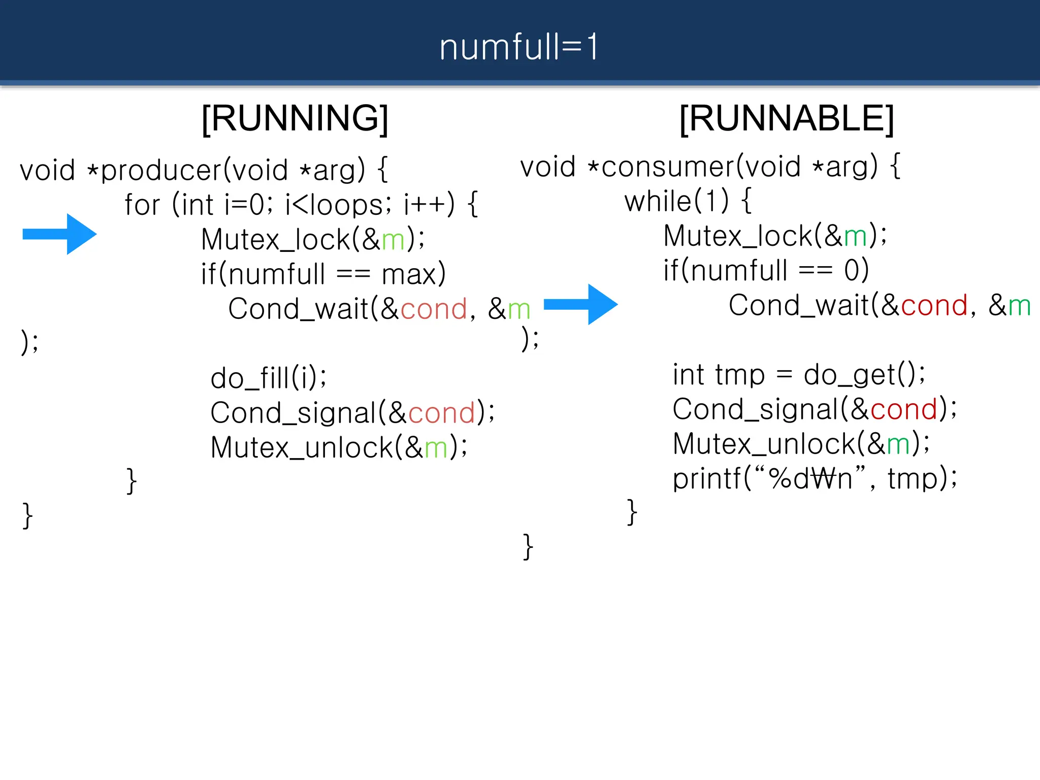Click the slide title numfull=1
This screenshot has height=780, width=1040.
[519, 47]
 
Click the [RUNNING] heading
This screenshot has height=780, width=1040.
[295, 118]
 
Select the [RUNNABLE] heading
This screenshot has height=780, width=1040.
[787, 118]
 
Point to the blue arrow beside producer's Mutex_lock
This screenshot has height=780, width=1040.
[60, 234]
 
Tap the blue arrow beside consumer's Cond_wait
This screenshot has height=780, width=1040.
[580, 304]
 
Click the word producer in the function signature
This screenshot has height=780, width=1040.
[161, 170]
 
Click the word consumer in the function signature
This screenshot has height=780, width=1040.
[667, 167]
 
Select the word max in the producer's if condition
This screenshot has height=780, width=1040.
[409, 275]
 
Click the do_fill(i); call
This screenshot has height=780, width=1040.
[269, 378]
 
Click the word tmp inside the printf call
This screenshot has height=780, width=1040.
[912, 479]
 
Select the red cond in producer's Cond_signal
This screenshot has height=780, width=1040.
[441, 413]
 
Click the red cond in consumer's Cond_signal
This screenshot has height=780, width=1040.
[903, 409]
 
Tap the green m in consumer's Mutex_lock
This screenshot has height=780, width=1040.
[855, 237]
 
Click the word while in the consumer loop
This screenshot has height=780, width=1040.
[658, 202]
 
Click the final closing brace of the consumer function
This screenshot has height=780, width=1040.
[528, 547]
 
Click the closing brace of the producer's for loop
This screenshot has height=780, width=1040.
[131, 481]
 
